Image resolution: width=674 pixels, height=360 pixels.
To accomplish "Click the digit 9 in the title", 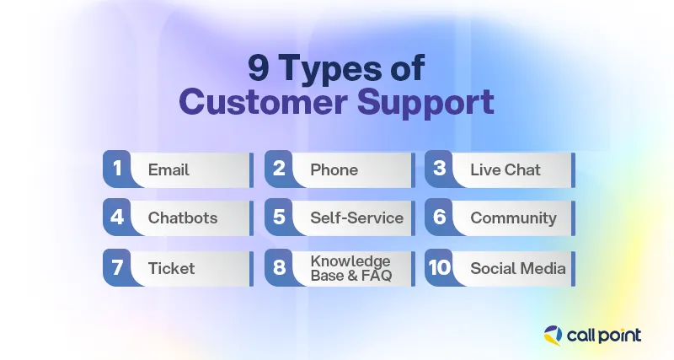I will (x=258, y=67).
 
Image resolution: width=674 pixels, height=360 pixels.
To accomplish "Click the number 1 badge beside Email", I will (x=117, y=169).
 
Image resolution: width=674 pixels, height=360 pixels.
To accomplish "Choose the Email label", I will (x=168, y=169).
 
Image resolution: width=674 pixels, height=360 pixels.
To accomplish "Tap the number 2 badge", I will (x=279, y=169).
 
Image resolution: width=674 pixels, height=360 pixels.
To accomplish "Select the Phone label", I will (x=334, y=169).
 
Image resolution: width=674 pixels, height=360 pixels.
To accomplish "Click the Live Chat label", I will (x=505, y=169).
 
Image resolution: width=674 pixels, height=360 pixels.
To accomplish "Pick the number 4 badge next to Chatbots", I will (x=117, y=218).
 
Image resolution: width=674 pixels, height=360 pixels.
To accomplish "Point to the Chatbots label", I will (x=183, y=218).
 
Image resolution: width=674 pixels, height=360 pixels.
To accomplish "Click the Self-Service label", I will (x=356, y=218).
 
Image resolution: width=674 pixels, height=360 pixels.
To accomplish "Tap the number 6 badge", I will (x=439, y=218).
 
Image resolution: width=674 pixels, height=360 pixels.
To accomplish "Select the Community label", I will (x=513, y=218).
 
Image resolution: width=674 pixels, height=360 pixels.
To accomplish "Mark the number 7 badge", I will (x=117, y=268).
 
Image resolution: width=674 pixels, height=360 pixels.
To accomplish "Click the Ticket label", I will (x=171, y=268).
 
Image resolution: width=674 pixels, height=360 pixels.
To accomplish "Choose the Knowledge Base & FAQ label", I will (x=350, y=268).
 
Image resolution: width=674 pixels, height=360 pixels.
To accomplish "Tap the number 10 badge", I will (x=439, y=268).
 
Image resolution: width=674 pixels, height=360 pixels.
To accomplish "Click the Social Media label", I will (x=517, y=268).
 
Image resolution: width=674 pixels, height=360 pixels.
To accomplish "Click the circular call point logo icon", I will (x=555, y=335).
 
